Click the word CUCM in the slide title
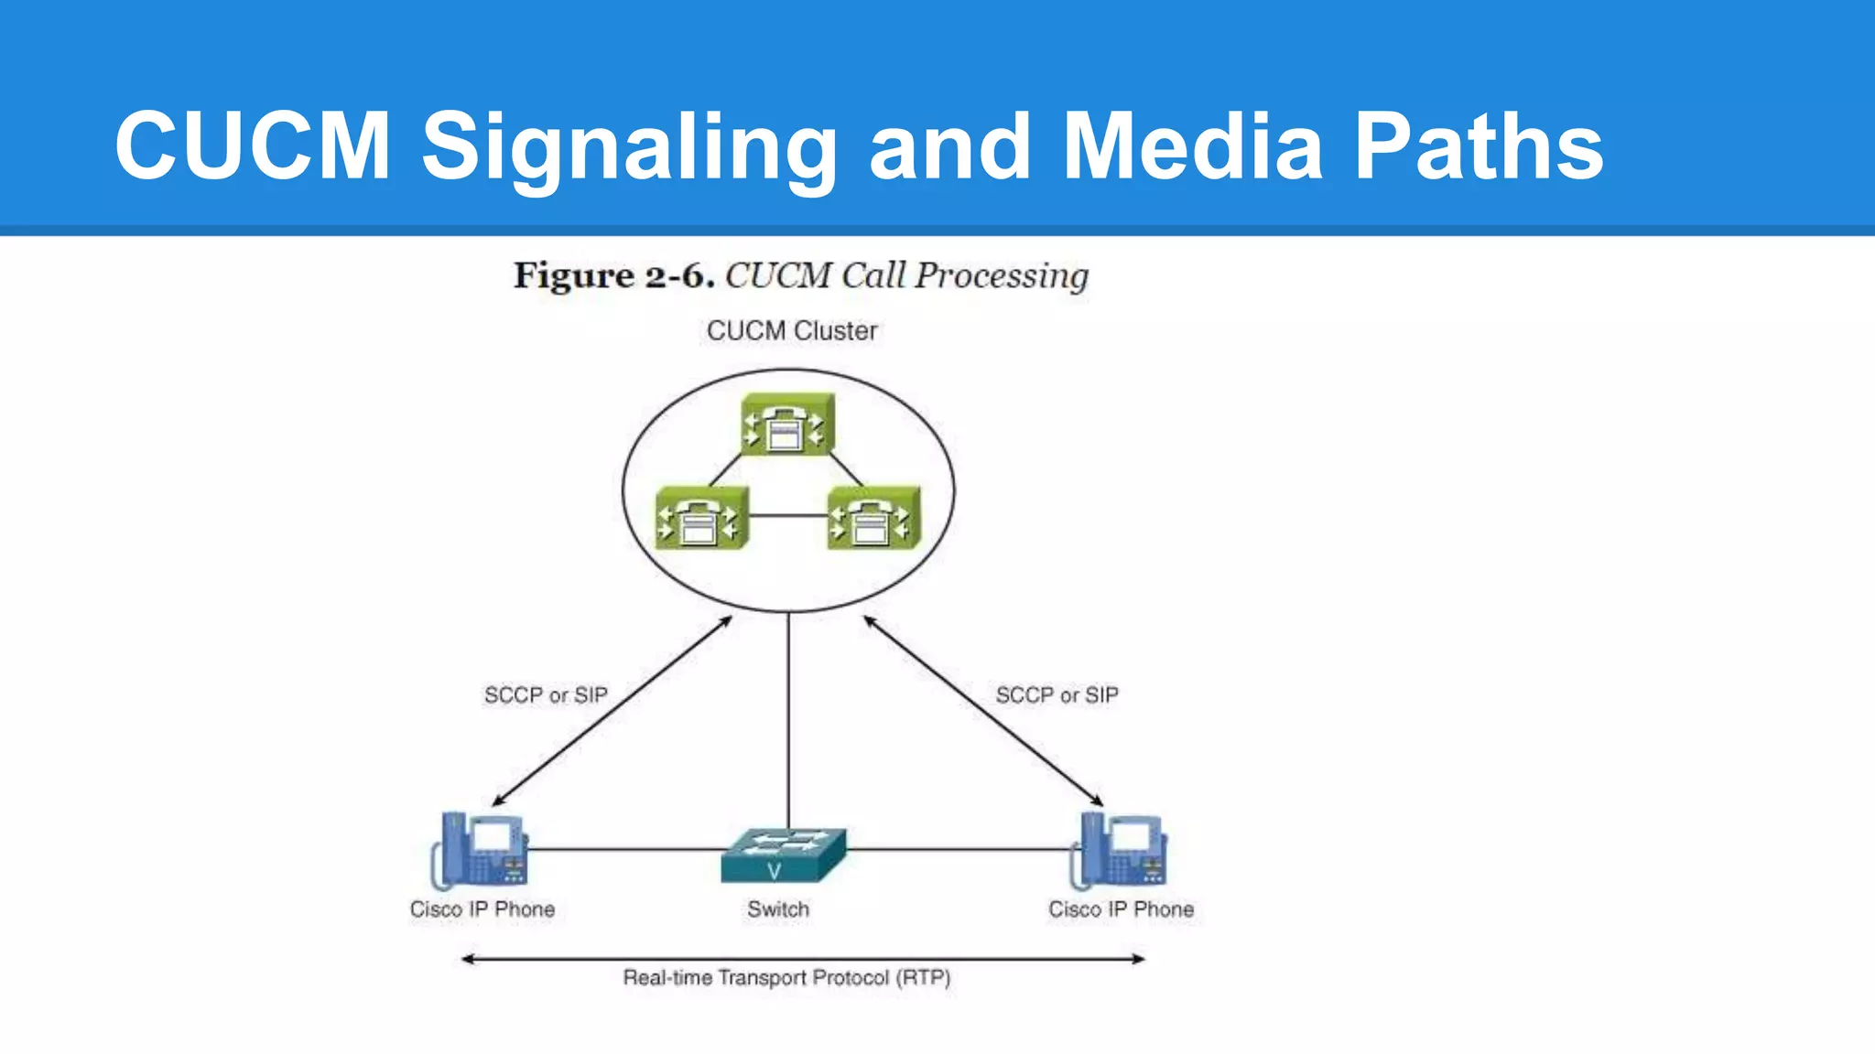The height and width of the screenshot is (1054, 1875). pos(253,146)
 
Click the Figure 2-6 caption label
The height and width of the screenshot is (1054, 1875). pos(613,275)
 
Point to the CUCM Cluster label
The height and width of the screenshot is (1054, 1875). pos(792,330)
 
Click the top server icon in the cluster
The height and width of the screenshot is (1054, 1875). pos(787,425)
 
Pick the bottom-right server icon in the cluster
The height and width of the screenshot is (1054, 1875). pos(873,518)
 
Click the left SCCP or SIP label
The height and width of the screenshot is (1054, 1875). pos(546,695)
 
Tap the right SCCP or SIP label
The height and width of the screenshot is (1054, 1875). pos(1057,695)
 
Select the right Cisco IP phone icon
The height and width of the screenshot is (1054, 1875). pos(1120,851)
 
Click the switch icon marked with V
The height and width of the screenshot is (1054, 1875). pos(783,855)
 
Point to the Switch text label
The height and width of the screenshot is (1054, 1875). pos(778,909)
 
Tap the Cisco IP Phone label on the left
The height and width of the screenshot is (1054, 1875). pos(482,909)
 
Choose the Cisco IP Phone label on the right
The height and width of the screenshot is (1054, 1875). pos(1121,909)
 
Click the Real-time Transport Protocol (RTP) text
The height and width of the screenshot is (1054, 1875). pos(786,978)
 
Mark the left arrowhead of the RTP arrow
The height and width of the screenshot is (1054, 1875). pos(467,959)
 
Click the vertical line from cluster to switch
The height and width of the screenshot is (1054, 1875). pos(788,723)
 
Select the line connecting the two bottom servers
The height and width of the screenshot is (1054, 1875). pos(787,516)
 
